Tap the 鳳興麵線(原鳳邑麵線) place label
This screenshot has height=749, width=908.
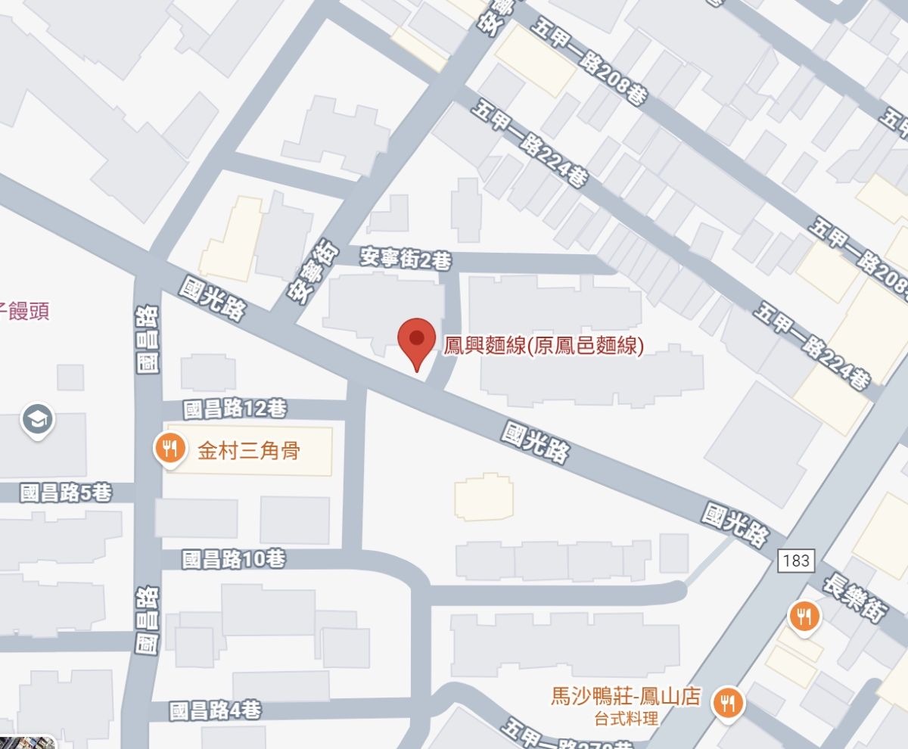543,347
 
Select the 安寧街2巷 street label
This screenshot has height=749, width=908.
405,260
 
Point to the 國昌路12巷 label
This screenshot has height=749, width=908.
235,409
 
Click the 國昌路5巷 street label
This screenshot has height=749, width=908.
66,493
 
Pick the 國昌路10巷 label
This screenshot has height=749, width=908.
235,560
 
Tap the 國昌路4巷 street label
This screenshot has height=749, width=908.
216,711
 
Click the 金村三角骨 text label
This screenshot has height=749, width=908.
249,452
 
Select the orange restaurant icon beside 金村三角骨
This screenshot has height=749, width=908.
170,449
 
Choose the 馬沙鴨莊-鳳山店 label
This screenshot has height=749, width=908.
625,696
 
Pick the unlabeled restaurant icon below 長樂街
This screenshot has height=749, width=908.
804,617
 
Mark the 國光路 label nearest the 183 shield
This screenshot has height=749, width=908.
735,525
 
